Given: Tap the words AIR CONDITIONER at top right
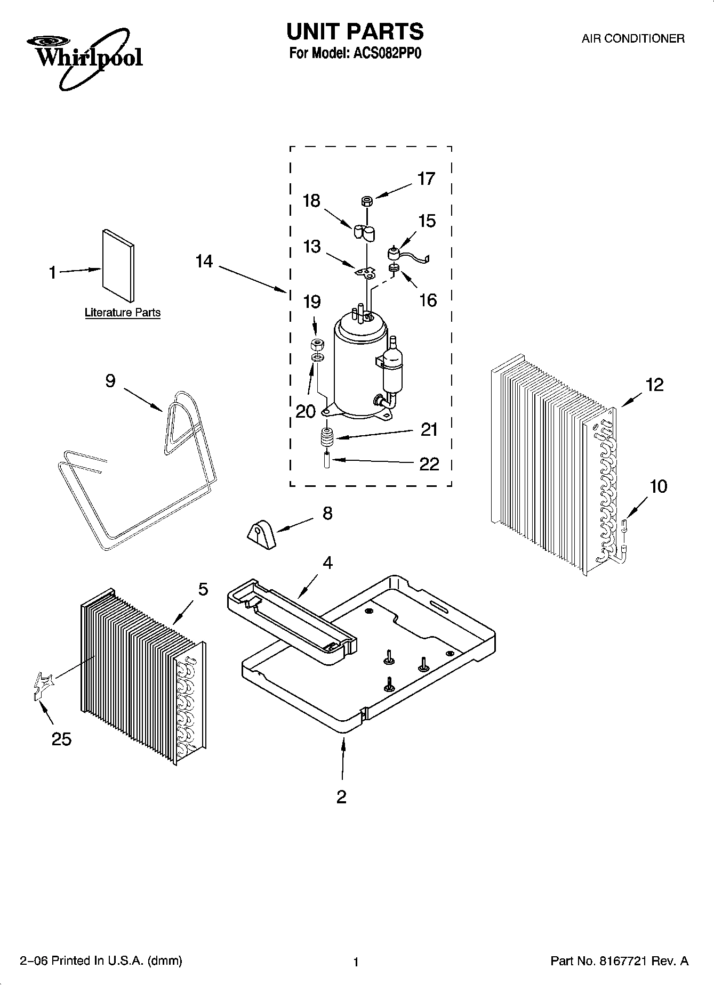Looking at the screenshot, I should pos(632,38).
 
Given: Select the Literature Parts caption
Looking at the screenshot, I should pos(123,313).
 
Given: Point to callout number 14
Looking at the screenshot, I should pos(204,262).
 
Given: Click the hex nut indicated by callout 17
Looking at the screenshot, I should pos(366,201).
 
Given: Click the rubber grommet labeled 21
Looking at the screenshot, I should pos(326,439).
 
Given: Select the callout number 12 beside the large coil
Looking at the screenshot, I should pos(654,385).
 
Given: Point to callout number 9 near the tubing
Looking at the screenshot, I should pos(110,381).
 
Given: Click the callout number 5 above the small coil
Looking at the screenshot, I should pos(203,589).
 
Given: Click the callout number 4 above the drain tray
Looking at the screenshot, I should pos(327,563).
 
